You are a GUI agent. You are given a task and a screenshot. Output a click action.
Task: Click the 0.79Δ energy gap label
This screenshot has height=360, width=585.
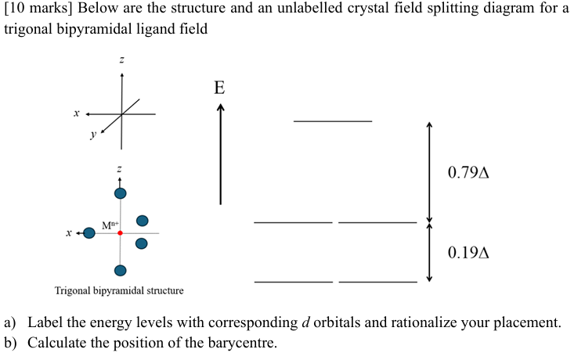pos(468,172)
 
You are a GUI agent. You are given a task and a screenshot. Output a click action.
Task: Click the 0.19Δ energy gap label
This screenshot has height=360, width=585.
pos(468,253)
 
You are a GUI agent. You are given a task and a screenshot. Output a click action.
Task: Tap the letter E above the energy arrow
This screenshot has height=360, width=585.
pos(219,88)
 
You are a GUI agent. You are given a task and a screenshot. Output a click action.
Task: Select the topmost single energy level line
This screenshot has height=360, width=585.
pos(333,121)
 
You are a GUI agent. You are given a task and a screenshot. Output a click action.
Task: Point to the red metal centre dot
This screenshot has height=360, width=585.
pos(120,232)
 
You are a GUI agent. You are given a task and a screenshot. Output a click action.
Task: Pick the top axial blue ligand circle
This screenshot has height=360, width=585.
pos(120,193)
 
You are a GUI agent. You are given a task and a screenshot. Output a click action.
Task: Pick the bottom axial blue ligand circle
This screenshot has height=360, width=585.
pos(120,271)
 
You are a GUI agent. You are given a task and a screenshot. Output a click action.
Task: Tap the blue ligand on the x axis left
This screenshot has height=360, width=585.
pos(89,232)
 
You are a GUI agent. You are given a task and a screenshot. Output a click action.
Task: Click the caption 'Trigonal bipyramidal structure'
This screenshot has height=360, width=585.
pos(119,290)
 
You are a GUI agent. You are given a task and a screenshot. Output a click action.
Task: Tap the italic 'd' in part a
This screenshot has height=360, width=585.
pos(305,322)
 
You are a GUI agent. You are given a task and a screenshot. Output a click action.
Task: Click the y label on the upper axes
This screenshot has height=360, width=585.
pos(93,134)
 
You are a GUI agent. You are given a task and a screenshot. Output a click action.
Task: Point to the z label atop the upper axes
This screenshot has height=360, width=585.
pos(121,60)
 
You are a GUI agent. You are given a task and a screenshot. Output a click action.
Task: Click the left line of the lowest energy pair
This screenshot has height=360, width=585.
pos(294,281)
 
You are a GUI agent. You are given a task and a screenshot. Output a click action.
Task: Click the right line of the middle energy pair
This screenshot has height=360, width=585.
pos(377,223)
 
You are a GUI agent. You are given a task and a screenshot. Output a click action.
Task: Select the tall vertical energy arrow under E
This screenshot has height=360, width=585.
pos(220,155)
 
